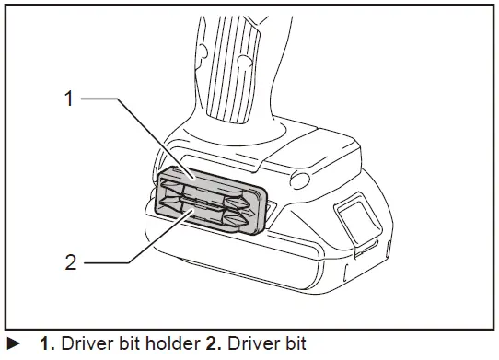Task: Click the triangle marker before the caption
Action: point(14,346)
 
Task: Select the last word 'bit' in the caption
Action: point(289,346)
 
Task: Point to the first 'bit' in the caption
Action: point(130,346)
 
